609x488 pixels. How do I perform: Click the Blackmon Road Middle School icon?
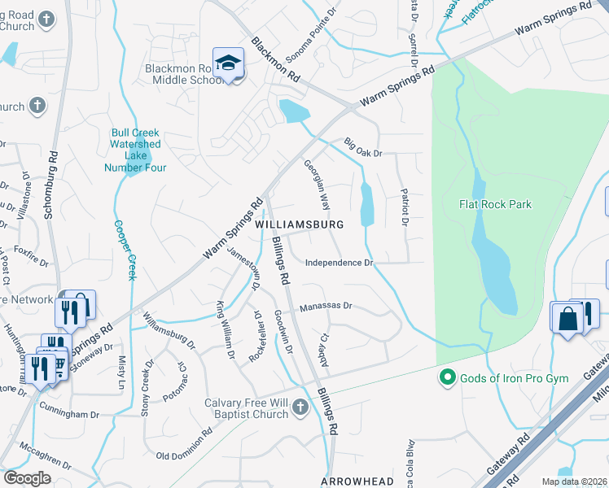[x=228, y=63]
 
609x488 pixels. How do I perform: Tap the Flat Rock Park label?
[x=495, y=204]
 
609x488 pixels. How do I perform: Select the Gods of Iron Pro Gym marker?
[x=446, y=377]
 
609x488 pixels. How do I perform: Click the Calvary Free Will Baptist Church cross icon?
[x=300, y=407]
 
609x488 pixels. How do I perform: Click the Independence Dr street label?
[x=339, y=263]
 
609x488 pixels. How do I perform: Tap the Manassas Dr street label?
[x=325, y=307]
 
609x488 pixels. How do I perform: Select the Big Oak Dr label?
[x=362, y=146]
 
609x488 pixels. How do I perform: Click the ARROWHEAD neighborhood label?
[x=357, y=481]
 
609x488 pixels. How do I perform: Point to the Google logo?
[x=28, y=478]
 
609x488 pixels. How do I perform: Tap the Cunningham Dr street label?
[x=72, y=414]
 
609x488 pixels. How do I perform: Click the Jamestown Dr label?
[x=244, y=268]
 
